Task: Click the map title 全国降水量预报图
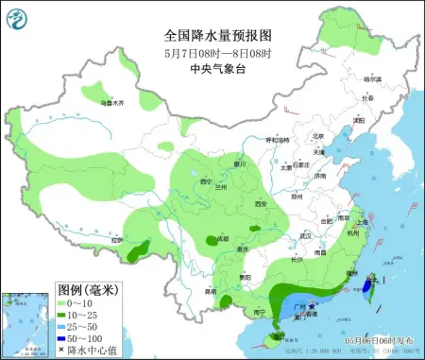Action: pos(212,37)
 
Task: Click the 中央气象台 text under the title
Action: pos(212,68)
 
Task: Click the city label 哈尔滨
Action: pos(372,79)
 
